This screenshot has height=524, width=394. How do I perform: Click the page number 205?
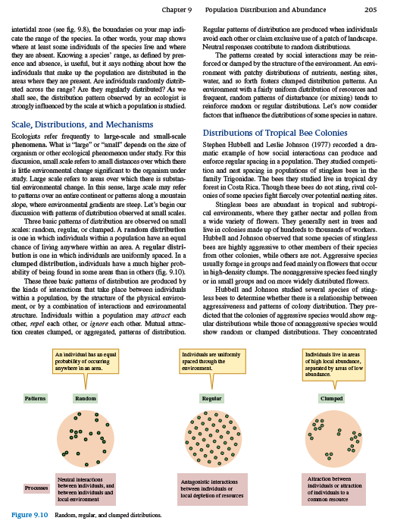(371, 9)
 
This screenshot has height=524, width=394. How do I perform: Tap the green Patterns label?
(35, 397)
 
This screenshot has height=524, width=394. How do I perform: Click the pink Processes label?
(36, 488)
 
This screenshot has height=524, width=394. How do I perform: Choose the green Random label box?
(86, 397)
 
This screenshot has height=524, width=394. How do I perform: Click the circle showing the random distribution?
(86, 439)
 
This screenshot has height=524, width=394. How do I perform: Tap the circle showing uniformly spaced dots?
(212, 439)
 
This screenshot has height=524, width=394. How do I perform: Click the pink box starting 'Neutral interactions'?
(86, 489)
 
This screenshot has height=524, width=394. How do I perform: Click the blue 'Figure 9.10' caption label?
(30, 515)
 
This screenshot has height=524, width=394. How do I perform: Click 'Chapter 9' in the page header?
(178, 9)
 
